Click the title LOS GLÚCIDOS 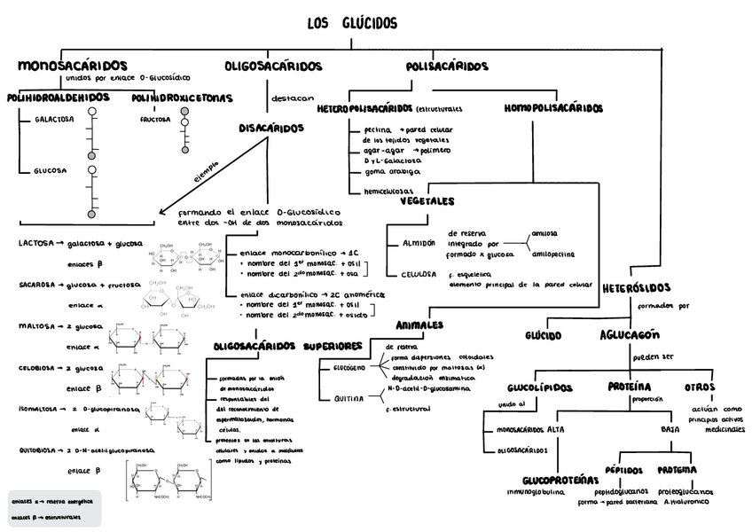[352, 24]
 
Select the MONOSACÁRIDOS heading [72, 66]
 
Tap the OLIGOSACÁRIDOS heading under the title [273, 66]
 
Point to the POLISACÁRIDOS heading [447, 66]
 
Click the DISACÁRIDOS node [271, 129]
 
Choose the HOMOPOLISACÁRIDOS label [553, 108]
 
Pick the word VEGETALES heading [427, 201]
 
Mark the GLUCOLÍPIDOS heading [540, 387]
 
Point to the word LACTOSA [35, 242]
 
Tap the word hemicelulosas [389, 191]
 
